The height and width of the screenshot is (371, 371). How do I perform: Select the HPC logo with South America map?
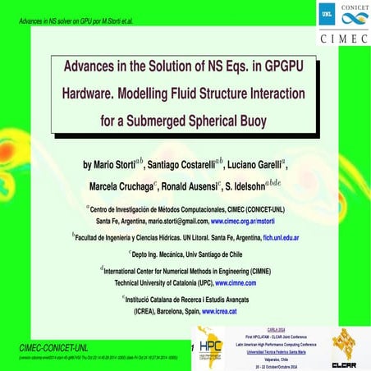213,348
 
